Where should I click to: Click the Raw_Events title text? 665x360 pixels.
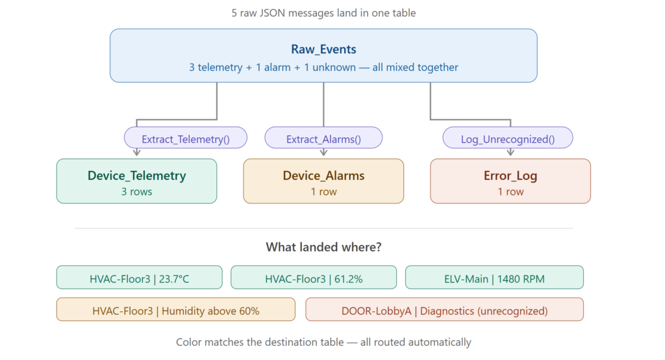click(x=323, y=49)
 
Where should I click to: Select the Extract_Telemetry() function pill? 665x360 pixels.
click(x=185, y=138)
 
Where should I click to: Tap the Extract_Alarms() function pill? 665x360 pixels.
click(x=323, y=138)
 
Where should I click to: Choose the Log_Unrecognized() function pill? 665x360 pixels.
click(x=508, y=138)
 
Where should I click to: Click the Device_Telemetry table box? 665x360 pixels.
click(x=136, y=181)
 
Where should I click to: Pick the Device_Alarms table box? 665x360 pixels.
click(x=323, y=181)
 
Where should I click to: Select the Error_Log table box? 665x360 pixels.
click(x=510, y=181)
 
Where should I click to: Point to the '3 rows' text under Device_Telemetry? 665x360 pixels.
click(x=136, y=192)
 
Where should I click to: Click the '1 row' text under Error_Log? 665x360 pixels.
click(x=510, y=192)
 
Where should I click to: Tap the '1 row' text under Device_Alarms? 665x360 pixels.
click(x=323, y=192)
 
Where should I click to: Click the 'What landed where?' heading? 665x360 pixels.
click(x=323, y=247)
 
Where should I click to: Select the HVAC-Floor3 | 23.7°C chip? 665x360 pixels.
click(x=139, y=277)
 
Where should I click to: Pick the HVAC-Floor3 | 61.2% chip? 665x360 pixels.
click(x=314, y=277)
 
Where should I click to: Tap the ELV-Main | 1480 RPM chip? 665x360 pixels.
click(x=494, y=277)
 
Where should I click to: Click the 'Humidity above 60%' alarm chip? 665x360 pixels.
click(x=175, y=309)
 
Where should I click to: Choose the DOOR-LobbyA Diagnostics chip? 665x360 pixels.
click(x=444, y=309)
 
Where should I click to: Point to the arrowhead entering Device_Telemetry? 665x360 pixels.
click(x=136, y=153)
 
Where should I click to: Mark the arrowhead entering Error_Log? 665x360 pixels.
click(x=510, y=153)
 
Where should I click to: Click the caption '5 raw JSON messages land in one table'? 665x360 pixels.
click(x=323, y=13)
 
